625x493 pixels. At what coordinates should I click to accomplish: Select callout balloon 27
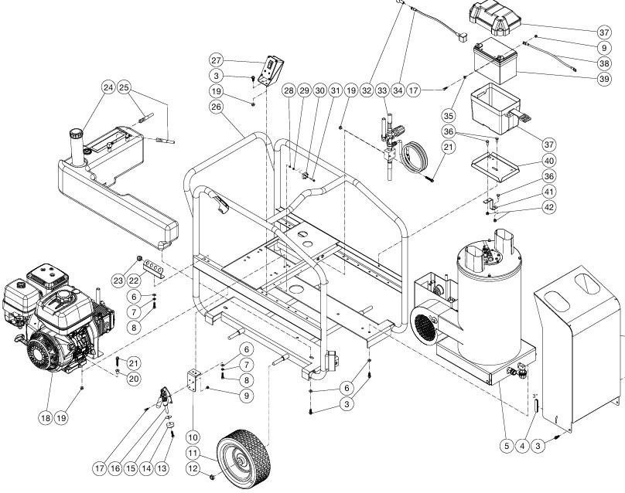(217, 61)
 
